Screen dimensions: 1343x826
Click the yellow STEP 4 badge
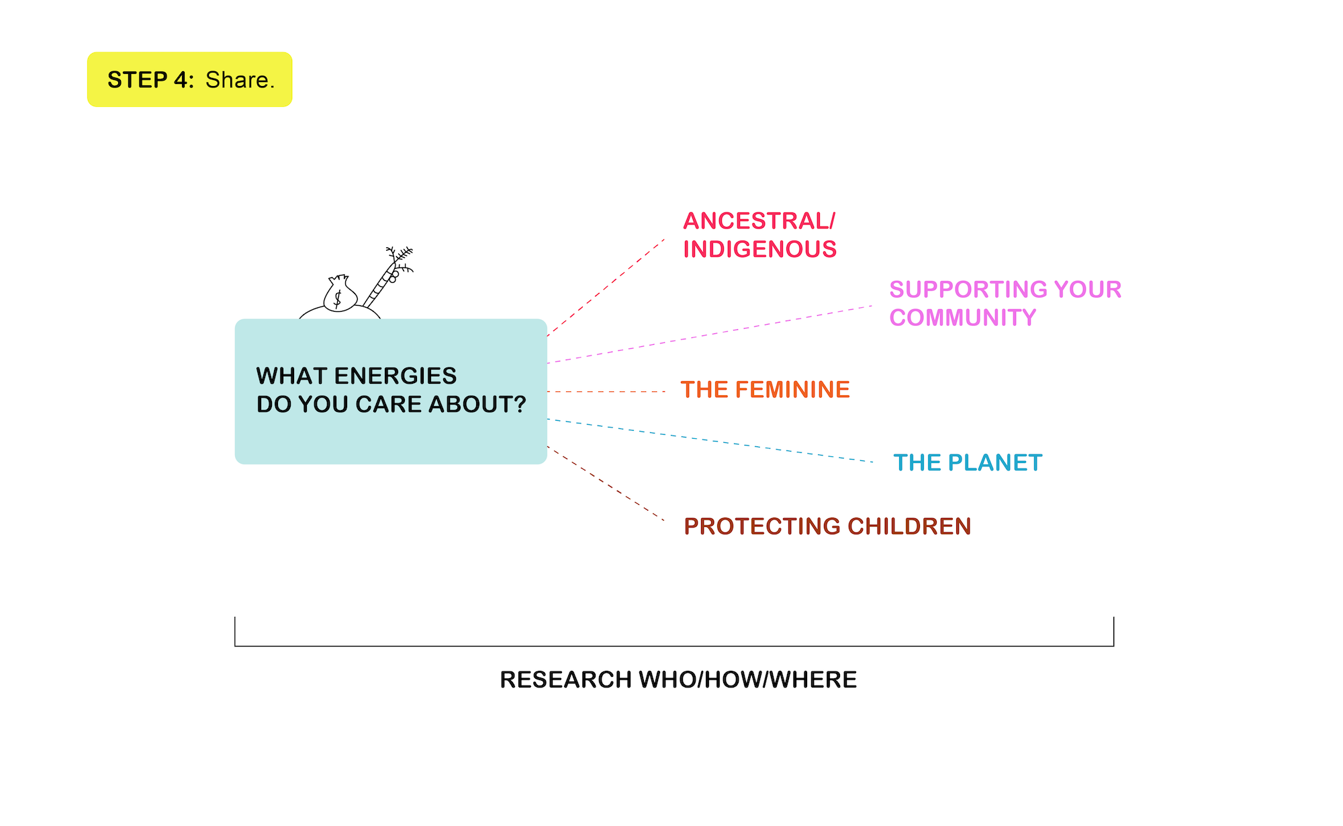click(190, 79)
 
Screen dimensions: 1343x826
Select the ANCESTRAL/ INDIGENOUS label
click(760, 235)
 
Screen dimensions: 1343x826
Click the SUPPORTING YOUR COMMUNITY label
click(1005, 303)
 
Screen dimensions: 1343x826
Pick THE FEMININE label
click(766, 390)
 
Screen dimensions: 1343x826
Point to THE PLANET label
click(968, 462)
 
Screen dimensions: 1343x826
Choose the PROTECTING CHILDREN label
click(827, 526)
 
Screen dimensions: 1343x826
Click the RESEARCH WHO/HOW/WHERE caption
click(678, 679)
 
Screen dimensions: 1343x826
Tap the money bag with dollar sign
click(340, 294)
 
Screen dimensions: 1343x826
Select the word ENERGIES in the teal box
click(398, 376)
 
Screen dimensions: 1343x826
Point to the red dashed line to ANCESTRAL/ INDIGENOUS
click(606, 287)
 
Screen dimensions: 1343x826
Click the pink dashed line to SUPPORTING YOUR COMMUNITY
click(710, 335)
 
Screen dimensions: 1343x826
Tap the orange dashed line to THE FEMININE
click(606, 391)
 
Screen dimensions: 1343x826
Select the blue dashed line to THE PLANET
click(710, 441)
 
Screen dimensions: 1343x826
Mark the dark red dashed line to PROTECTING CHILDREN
click(606, 483)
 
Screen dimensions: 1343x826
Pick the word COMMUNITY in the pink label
click(963, 317)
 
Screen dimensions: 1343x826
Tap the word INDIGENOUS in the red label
click(760, 249)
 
